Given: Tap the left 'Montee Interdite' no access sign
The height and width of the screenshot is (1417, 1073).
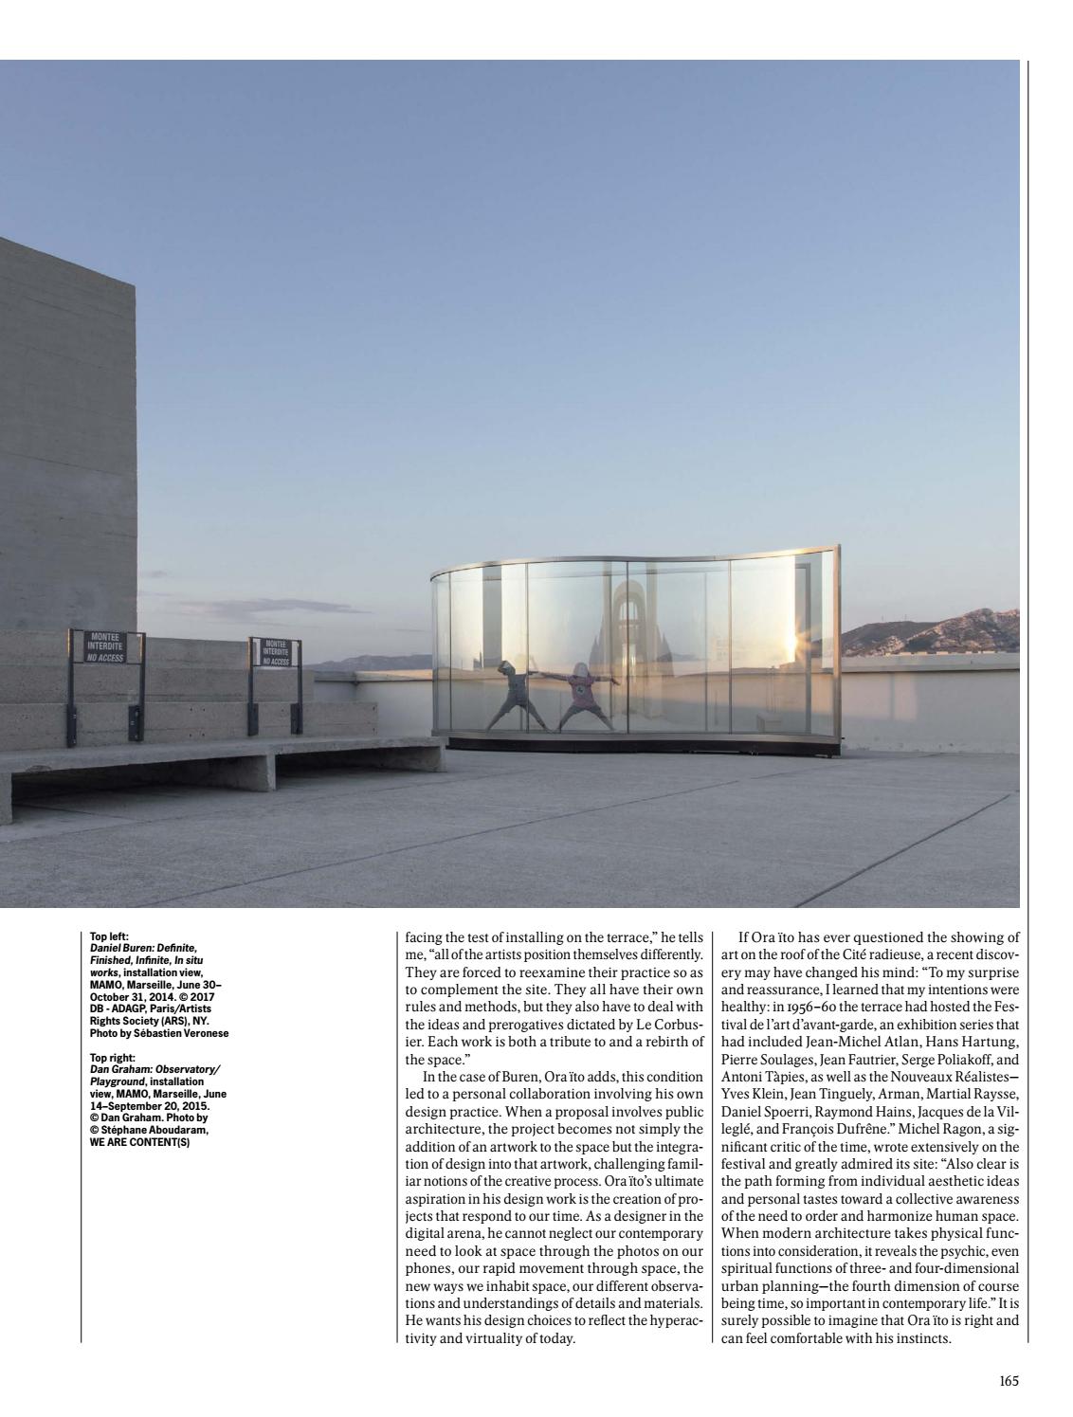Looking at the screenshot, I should [x=105, y=646].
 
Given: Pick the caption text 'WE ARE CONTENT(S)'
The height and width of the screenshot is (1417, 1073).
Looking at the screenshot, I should [x=139, y=1142].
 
